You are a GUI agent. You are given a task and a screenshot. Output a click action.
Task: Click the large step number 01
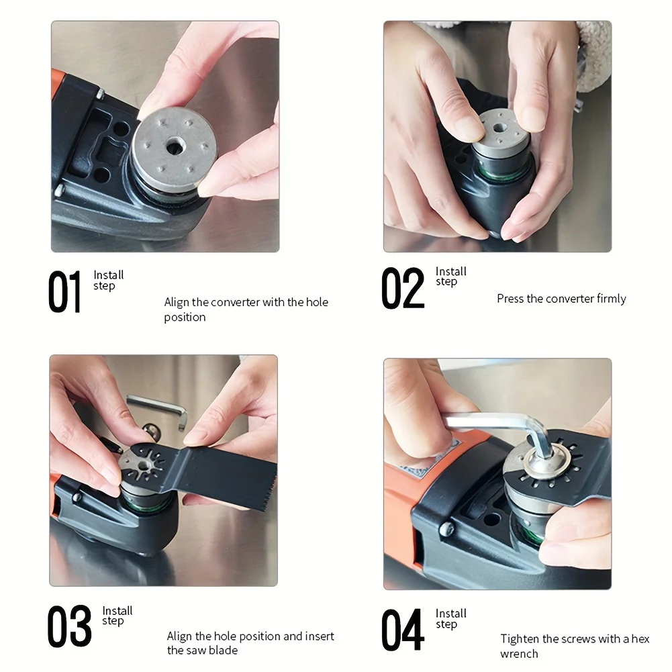pos(64,292)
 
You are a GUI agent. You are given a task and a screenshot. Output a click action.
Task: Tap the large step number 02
pos(403,289)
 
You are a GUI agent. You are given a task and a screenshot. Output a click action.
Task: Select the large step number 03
pos(69,626)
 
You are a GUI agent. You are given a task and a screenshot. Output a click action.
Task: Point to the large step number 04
pos(403,630)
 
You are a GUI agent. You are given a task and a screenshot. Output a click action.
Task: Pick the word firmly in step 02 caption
pos(611,299)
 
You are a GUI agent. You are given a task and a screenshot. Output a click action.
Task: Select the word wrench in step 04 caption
pos(519,653)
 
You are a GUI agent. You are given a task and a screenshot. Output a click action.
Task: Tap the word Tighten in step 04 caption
pos(520,639)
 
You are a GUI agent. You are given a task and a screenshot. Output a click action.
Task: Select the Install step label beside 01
pos(108,281)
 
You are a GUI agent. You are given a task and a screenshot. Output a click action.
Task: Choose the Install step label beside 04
pos(450,618)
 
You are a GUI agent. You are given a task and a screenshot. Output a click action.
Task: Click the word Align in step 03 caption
pos(179,636)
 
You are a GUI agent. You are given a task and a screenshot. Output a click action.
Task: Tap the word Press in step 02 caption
pos(510,299)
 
